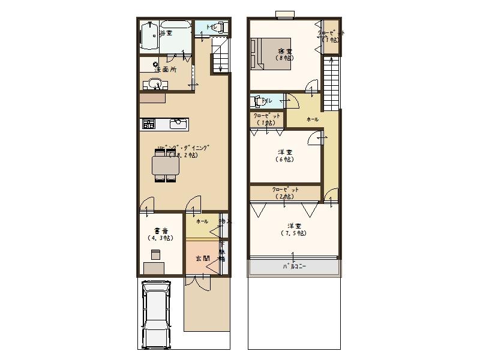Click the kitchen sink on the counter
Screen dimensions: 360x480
[178, 124]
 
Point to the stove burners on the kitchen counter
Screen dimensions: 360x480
[148, 124]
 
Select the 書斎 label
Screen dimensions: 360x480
[160, 230]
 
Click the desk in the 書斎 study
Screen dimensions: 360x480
[154, 268]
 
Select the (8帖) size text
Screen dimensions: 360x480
[284, 58]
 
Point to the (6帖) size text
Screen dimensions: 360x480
[284, 160]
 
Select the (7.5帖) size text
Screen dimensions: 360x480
[293, 233]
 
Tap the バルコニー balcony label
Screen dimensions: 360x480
[294, 267]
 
